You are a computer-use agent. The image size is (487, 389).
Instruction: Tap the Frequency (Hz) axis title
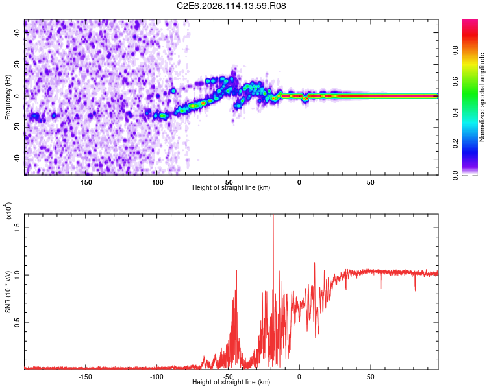tap(8, 97)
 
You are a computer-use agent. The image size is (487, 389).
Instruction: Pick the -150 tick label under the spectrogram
tap(85, 182)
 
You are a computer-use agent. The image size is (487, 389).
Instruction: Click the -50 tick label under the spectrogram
tap(228, 182)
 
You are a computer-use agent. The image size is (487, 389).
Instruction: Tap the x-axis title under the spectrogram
tap(231, 188)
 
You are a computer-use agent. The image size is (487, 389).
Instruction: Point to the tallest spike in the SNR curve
tap(273, 216)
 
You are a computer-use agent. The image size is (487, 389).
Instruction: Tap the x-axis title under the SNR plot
tap(231, 383)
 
